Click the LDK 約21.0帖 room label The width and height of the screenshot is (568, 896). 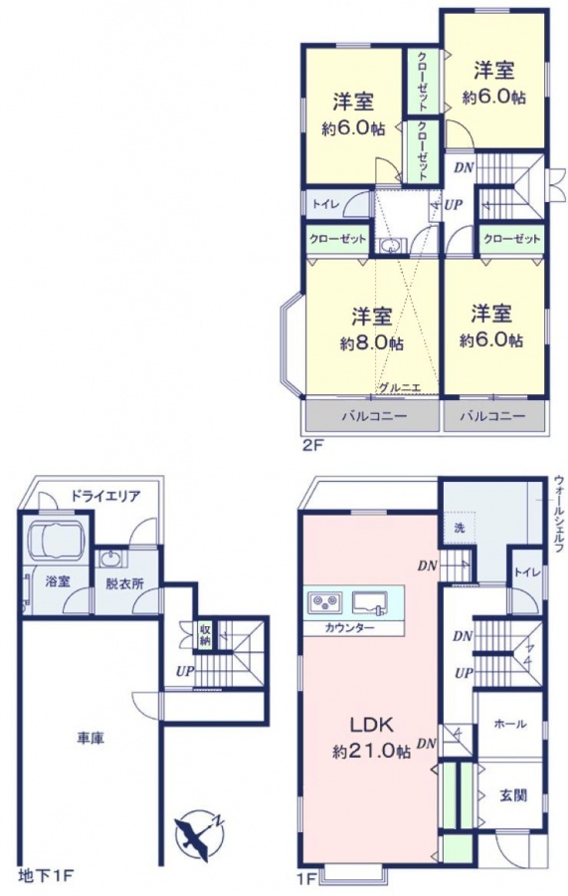pos(372,738)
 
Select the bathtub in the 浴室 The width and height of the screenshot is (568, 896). pos(57,540)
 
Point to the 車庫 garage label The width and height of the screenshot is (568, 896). pos(91,739)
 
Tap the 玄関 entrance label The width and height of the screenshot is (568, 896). pos(513,794)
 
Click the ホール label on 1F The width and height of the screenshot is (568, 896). pos(509,724)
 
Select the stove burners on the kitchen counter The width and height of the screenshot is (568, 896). pos(325,602)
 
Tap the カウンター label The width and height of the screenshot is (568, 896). pos(349,628)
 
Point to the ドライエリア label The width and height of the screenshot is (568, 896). pos(105,496)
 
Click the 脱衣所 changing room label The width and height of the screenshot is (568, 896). pos(124,583)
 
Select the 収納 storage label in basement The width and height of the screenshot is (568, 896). pos(205,635)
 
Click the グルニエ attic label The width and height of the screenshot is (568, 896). pos(400,387)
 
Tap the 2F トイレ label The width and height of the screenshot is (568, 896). pos(326,204)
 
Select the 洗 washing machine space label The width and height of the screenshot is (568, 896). pos(459,528)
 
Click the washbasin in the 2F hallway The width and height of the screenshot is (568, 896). pos(391,246)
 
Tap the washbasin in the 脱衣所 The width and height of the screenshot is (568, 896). pos(112,559)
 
